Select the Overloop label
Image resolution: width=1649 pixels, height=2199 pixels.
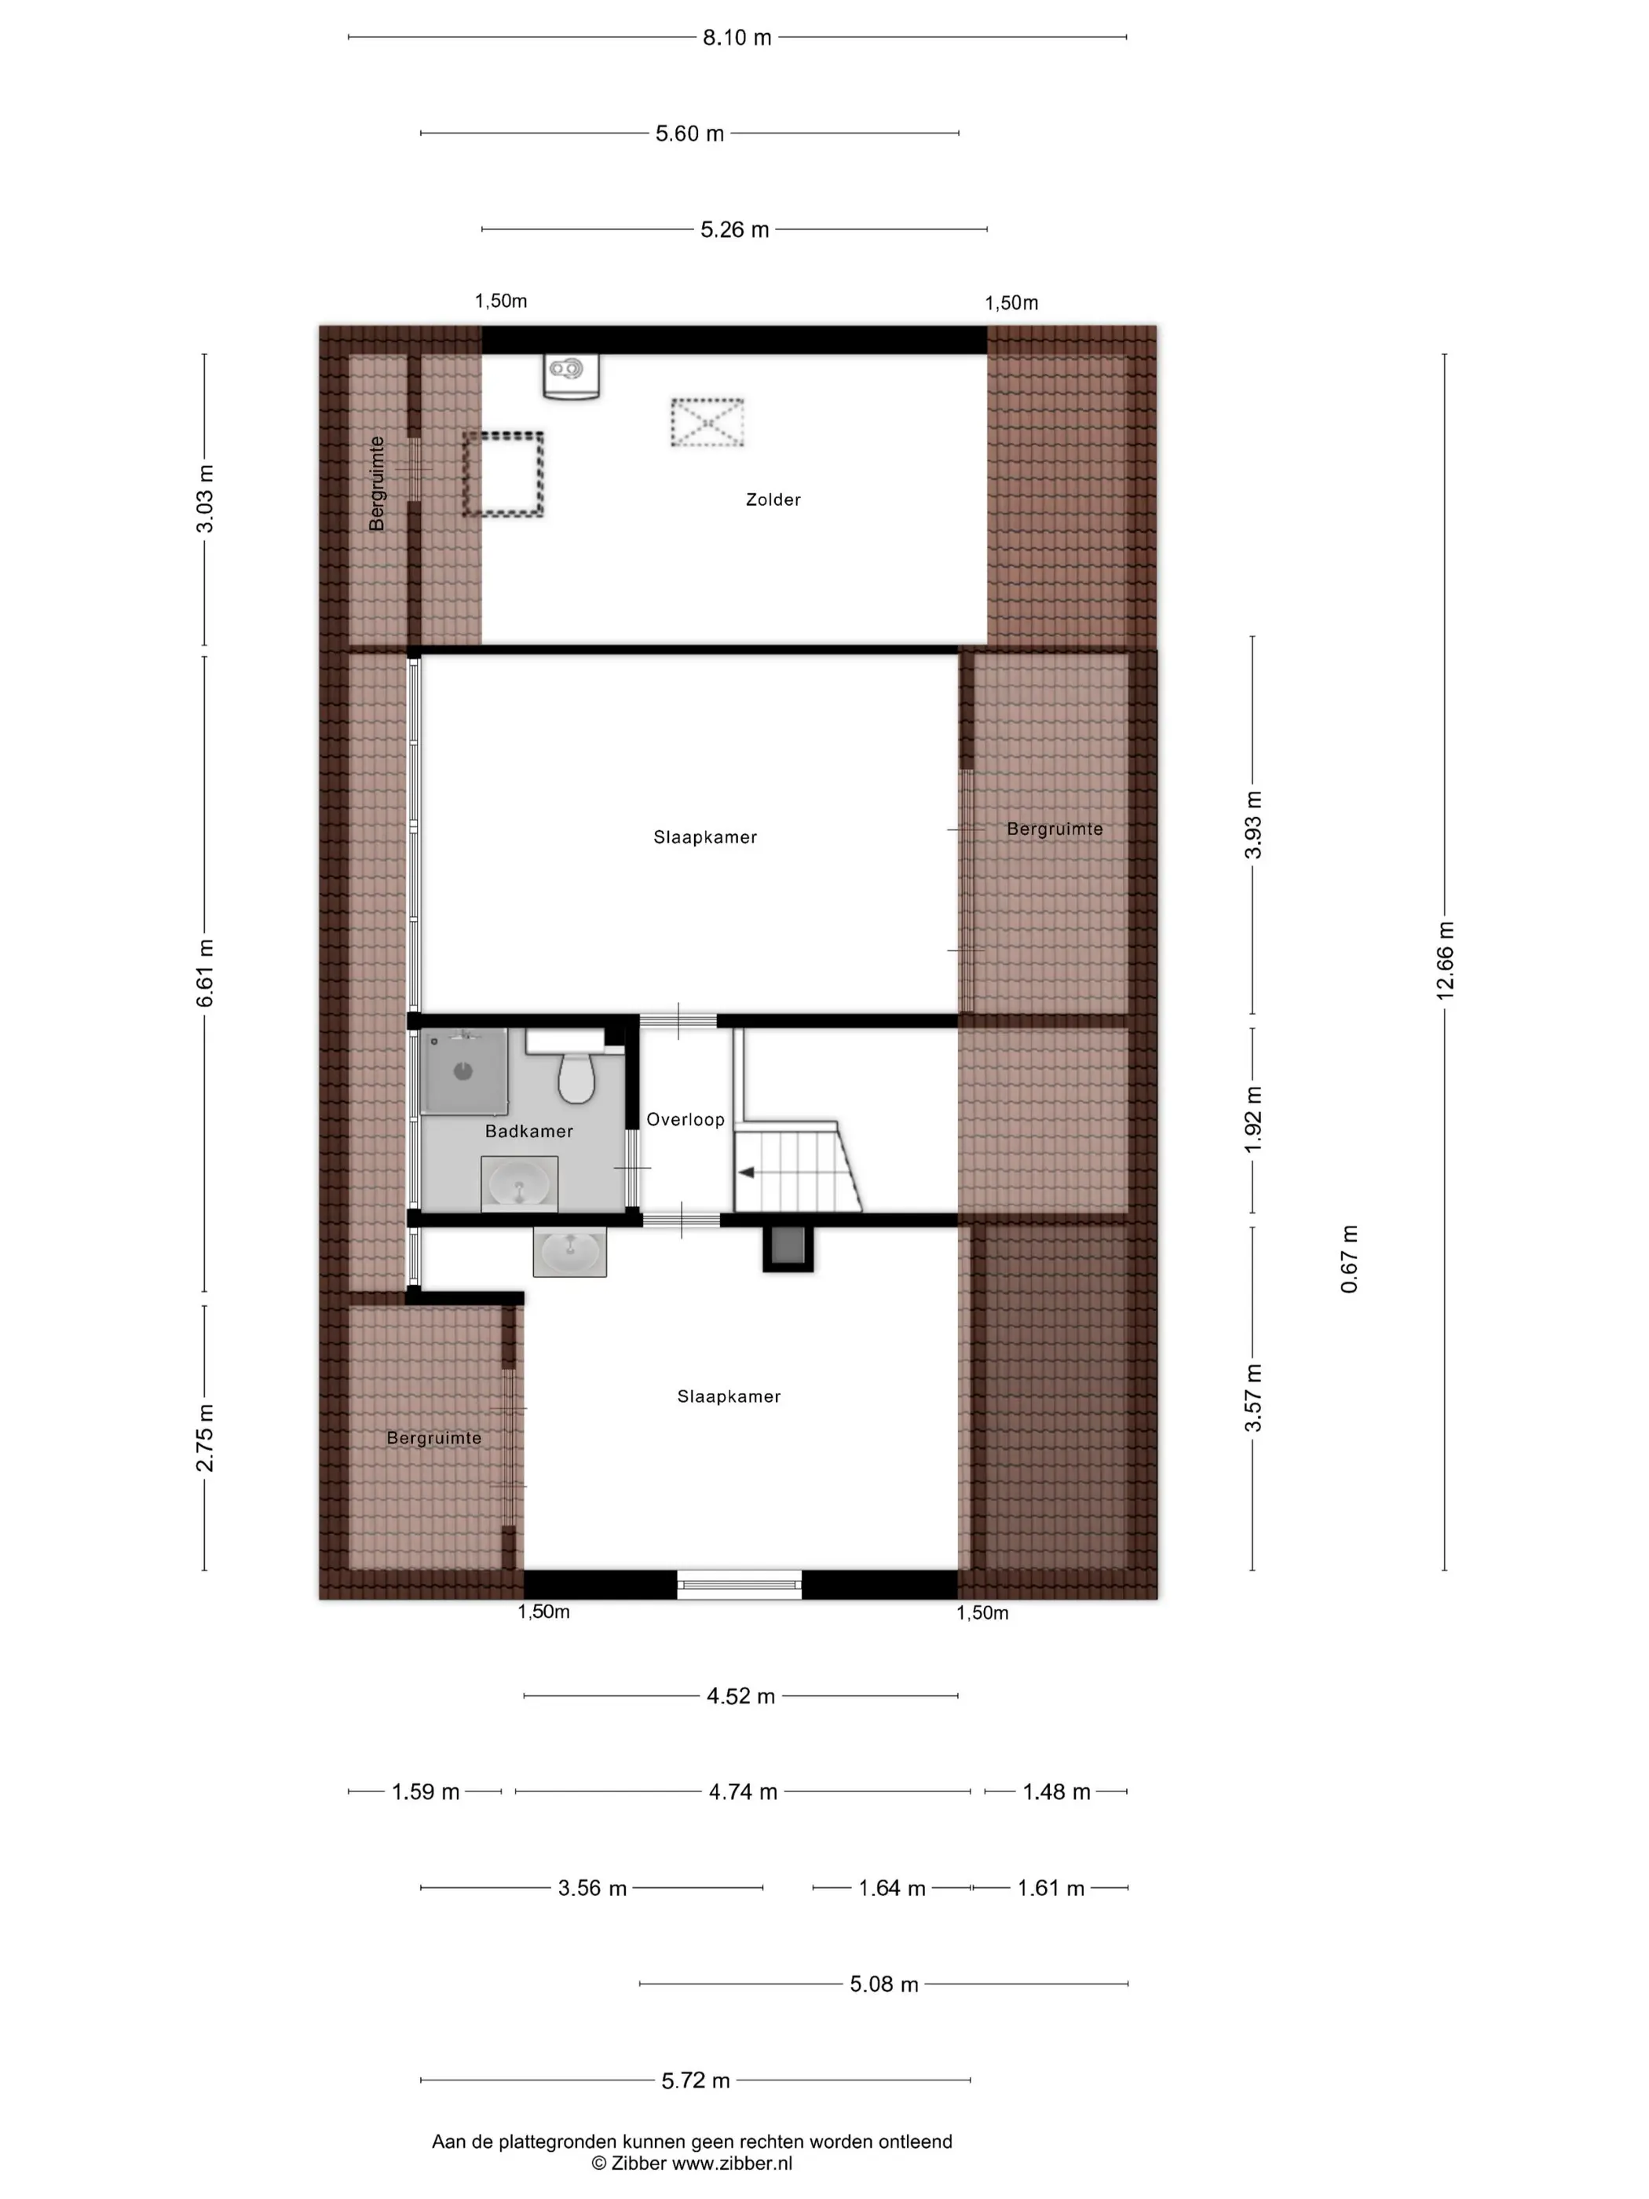point(685,1119)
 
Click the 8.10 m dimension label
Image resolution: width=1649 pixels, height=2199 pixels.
point(737,38)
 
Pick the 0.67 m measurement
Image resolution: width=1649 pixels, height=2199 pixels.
point(1349,1259)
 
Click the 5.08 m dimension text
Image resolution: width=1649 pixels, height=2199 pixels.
point(883,1985)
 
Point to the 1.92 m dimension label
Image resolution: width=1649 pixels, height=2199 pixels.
point(1253,1121)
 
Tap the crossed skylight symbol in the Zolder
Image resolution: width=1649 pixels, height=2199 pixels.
point(707,423)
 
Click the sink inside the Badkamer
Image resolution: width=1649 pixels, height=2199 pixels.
point(519,1184)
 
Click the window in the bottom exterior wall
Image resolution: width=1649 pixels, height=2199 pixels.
point(740,1585)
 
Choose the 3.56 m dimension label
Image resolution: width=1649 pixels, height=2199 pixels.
point(592,1888)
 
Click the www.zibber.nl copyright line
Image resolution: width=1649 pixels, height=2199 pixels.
point(692,2162)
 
